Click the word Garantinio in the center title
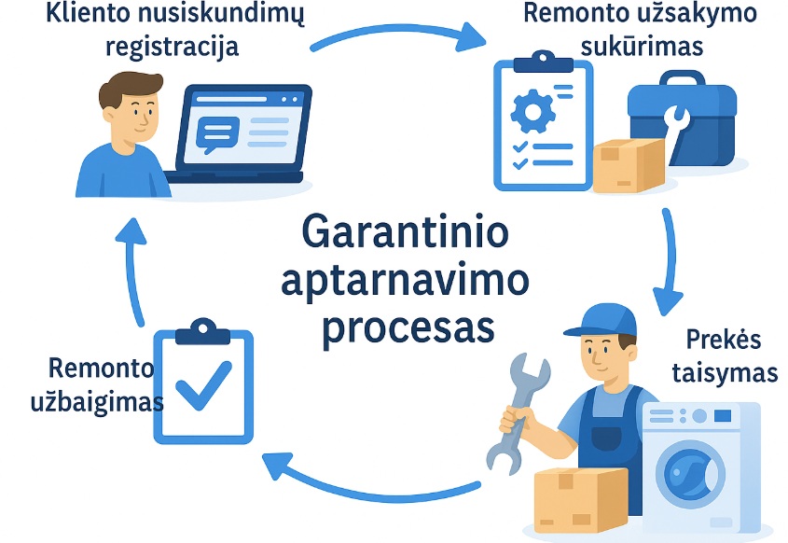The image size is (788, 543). [x=405, y=231]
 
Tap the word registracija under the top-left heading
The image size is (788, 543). [x=172, y=48]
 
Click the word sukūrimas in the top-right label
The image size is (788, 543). [x=642, y=47]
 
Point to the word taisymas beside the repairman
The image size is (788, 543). [x=725, y=373]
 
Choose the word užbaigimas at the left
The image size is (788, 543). [x=97, y=403]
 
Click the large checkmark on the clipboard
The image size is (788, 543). [x=203, y=384]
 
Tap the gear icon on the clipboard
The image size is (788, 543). [x=532, y=111]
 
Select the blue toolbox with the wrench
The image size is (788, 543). [x=682, y=119]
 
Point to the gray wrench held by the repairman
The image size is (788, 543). [x=518, y=413]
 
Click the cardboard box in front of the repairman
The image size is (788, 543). [x=580, y=500]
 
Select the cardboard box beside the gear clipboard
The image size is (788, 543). [x=629, y=165]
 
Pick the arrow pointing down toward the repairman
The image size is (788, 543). [x=669, y=261]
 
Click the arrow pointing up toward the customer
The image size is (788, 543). [x=131, y=271]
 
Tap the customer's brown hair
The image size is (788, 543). [x=131, y=88]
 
